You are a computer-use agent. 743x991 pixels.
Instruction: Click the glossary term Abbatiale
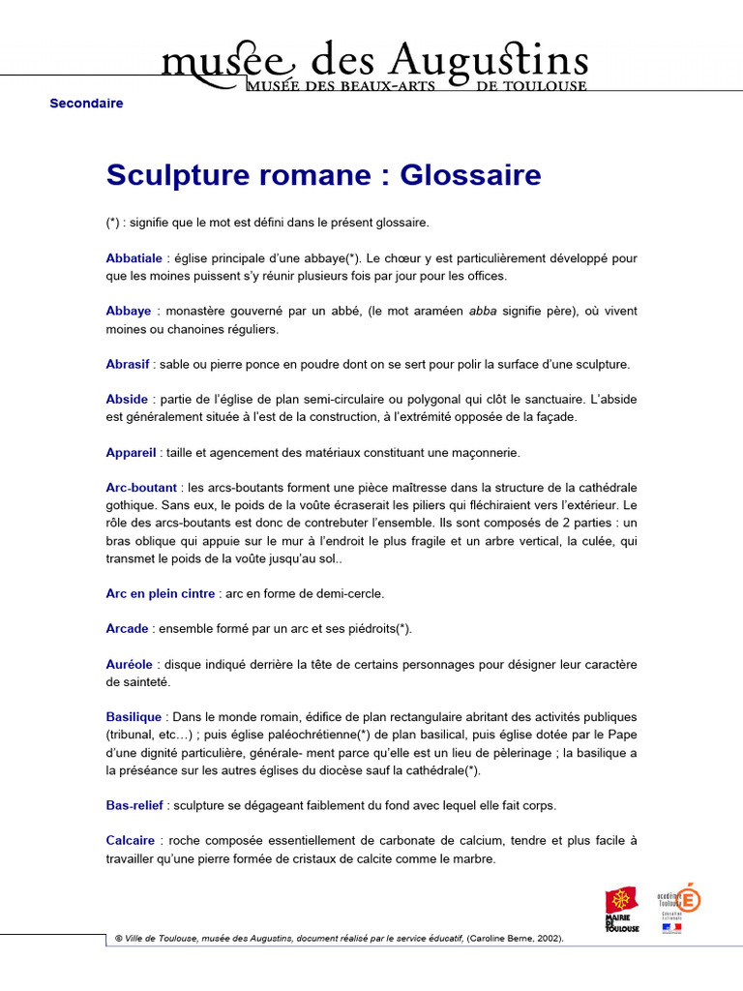[x=134, y=258]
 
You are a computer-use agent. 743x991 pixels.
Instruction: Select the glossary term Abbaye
[x=129, y=311]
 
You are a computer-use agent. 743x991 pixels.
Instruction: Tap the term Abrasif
[x=128, y=364]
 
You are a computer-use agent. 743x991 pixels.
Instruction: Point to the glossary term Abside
[x=127, y=399]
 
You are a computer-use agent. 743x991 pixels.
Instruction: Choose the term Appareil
[x=132, y=452]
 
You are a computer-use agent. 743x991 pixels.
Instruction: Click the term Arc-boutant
[x=141, y=487]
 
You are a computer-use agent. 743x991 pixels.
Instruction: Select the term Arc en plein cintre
[x=161, y=593]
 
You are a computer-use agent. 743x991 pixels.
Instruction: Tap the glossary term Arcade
[x=128, y=628]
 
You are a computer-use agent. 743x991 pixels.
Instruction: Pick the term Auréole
[x=130, y=664]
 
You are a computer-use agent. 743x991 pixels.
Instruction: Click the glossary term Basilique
[x=134, y=717]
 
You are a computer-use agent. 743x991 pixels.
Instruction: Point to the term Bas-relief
[x=134, y=804]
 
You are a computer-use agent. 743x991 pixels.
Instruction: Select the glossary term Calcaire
[x=131, y=840]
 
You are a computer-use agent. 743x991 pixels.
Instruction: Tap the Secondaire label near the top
[x=86, y=104]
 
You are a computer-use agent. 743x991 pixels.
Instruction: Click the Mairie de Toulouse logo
[x=621, y=910]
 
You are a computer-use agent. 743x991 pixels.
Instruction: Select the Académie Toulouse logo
[x=677, y=907]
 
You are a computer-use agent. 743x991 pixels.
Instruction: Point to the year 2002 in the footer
[x=546, y=939]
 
